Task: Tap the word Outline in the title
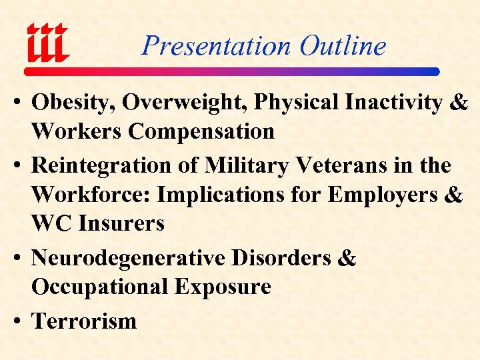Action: tap(343, 46)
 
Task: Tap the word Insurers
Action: tap(121, 223)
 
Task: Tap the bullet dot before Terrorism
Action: tap(18, 321)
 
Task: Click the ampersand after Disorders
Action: tap(347, 258)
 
